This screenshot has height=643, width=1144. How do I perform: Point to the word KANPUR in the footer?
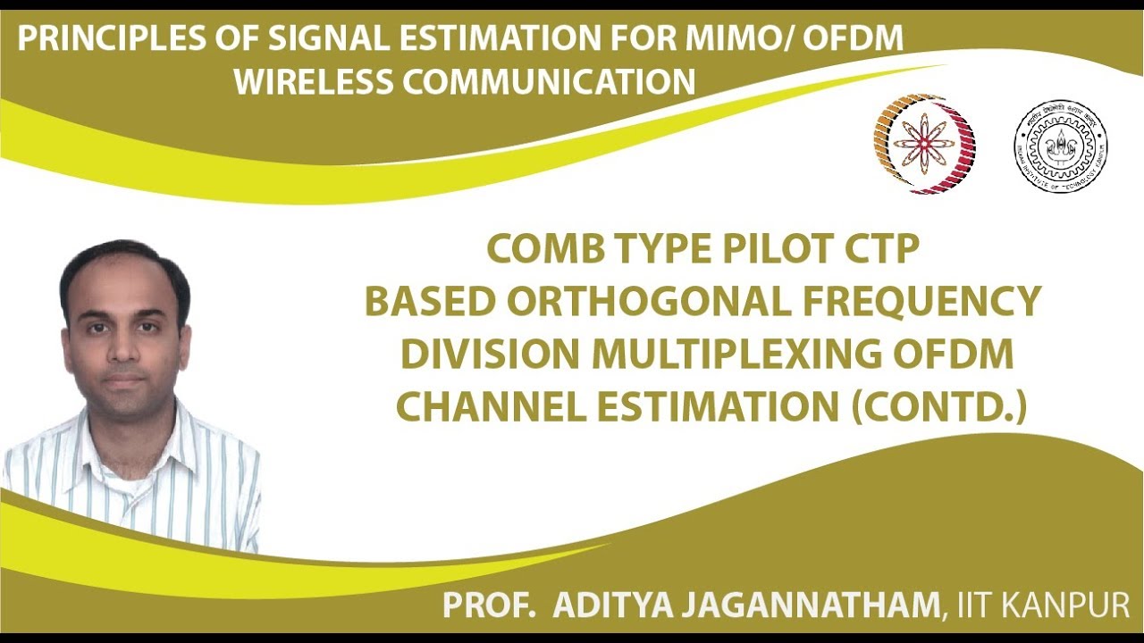1072,605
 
